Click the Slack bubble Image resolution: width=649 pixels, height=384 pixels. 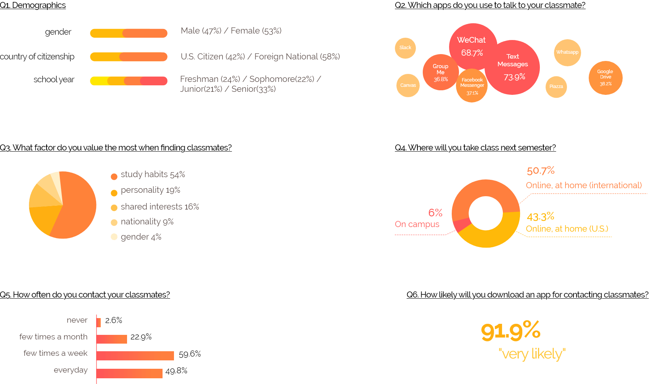(405, 48)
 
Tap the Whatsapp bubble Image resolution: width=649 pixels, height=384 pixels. (567, 53)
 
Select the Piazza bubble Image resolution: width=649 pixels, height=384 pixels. (556, 87)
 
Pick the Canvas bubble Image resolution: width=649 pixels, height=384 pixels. (408, 85)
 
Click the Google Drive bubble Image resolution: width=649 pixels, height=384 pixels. (606, 78)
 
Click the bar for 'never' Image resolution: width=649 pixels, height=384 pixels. (98, 322)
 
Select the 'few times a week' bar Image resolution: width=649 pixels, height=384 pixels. (135, 355)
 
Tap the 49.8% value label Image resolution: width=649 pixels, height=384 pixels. (176, 371)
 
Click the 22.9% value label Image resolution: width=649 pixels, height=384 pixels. (141, 337)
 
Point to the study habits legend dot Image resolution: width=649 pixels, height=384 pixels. (114, 176)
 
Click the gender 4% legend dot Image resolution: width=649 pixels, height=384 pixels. (114, 237)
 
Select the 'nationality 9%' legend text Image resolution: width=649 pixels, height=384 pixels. (147, 222)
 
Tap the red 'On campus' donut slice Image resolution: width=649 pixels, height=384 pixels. (461, 224)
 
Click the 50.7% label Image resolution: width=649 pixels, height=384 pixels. (541, 171)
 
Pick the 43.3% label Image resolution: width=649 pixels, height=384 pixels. (540, 217)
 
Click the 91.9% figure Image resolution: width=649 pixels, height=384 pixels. (511, 331)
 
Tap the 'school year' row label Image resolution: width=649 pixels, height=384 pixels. (54, 80)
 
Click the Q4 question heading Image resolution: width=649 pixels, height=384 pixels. (475, 148)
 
